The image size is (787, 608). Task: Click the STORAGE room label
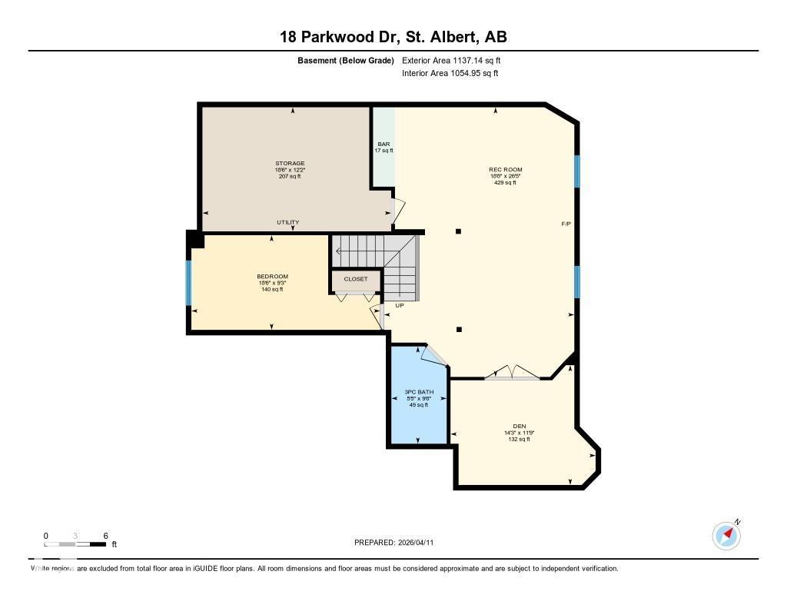pos(291,164)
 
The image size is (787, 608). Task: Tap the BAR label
pos(384,145)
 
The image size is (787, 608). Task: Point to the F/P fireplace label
pos(566,223)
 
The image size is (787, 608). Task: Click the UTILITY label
pos(288,223)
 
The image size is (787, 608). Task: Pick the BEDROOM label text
pos(272,277)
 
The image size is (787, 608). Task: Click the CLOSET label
pos(356,279)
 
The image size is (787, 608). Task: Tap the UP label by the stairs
pos(400,305)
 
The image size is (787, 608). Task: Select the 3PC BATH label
pos(419,392)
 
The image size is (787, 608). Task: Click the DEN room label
pos(520,426)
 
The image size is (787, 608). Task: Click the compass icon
pos(726,535)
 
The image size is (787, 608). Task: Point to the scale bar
pos(75,544)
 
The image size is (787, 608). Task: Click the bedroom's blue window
pos(189,282)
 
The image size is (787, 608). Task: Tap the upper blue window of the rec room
pos(577,171)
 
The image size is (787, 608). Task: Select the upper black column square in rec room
pos(459,231)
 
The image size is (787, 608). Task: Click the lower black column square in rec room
pos(459,330)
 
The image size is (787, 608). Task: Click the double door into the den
pos(512,374)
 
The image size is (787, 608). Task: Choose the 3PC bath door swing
pos(432,354)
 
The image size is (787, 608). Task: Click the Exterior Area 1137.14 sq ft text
pos(451,60)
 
